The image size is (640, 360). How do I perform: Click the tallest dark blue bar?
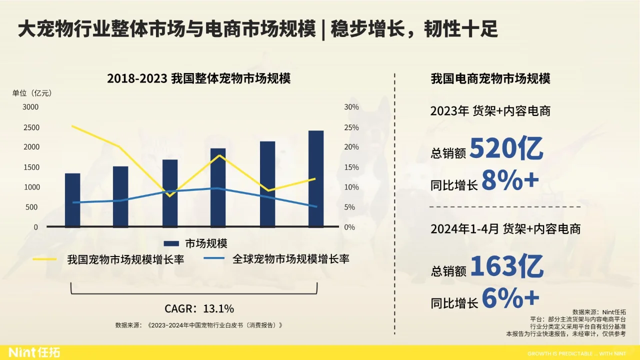pos(315,178)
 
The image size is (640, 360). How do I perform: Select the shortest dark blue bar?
pos(72,200)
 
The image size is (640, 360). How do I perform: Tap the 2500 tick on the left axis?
pos(31,127)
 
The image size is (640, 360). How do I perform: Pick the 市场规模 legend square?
pos(171,243)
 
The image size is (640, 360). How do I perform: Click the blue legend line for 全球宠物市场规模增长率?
pos(214,259)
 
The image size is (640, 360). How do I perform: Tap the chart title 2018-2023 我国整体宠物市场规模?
pos(198,79)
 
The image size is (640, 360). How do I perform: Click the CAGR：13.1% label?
pos(199,308)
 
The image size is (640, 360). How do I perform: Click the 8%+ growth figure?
pos(510,181)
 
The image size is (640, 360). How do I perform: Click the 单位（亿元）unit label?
pos(32,93)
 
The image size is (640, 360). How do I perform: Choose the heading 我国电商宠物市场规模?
pos(490,79)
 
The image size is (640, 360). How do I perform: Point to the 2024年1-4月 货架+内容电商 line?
pos(505,229)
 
